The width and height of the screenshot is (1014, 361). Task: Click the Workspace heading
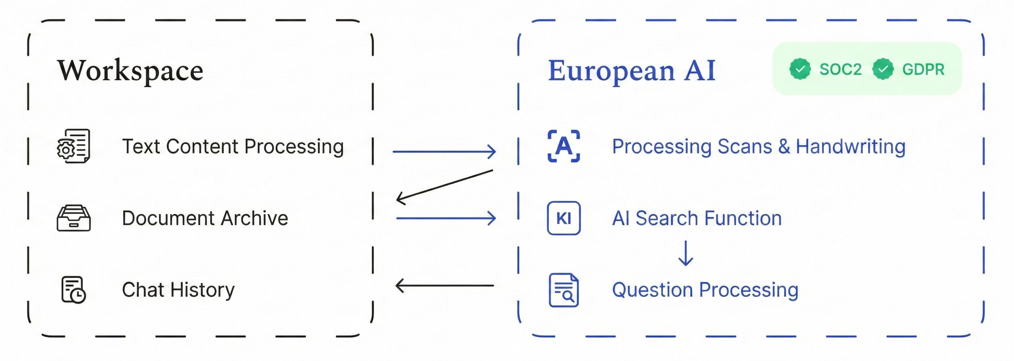pyautogui.click(x=130, y=71)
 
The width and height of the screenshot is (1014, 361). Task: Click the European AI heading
pyautogui.click(x=632, y=71)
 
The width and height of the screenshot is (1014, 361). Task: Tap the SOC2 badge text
pyautogui.click(x=840, y=69)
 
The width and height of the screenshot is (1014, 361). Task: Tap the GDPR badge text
pyautogui.click(x=923, y=69)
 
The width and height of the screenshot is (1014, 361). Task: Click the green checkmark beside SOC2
pyautogui.click(x=800, y=69)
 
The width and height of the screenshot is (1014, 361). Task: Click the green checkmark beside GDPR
pyautogui.click(x=883, y=69)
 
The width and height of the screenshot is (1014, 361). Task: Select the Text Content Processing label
pyautogui.click(x=233, y=147)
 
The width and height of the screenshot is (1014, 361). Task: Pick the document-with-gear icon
pyautogui.click(x=74, y=146)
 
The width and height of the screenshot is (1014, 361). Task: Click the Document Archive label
pyautogui.click(x=205, y=218)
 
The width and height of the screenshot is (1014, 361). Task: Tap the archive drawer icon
pyautogui.click(x=74, y=218)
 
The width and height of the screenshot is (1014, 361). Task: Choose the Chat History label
pyautogui.click(x=178, y=290)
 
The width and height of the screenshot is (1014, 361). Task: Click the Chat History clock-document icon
pyautogui.click(x=74, y=290)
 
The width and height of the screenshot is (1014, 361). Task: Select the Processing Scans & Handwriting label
pyautogui.click(x=758, y=147)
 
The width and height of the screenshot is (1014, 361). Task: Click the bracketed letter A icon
pyautogui.click(x=564, y=146)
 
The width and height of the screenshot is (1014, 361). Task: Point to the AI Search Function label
pyautogui.click(x=697, y=218)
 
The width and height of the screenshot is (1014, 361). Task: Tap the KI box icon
pyautogui.click(x=564, y=218)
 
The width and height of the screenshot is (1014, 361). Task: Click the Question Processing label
pyautogui.click(x=705, y=290)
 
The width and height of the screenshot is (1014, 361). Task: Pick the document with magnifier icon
pyautogui.click(x=564, y=290)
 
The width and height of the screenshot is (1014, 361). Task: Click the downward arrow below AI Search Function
pyautogui.click(x=686, y=254)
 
